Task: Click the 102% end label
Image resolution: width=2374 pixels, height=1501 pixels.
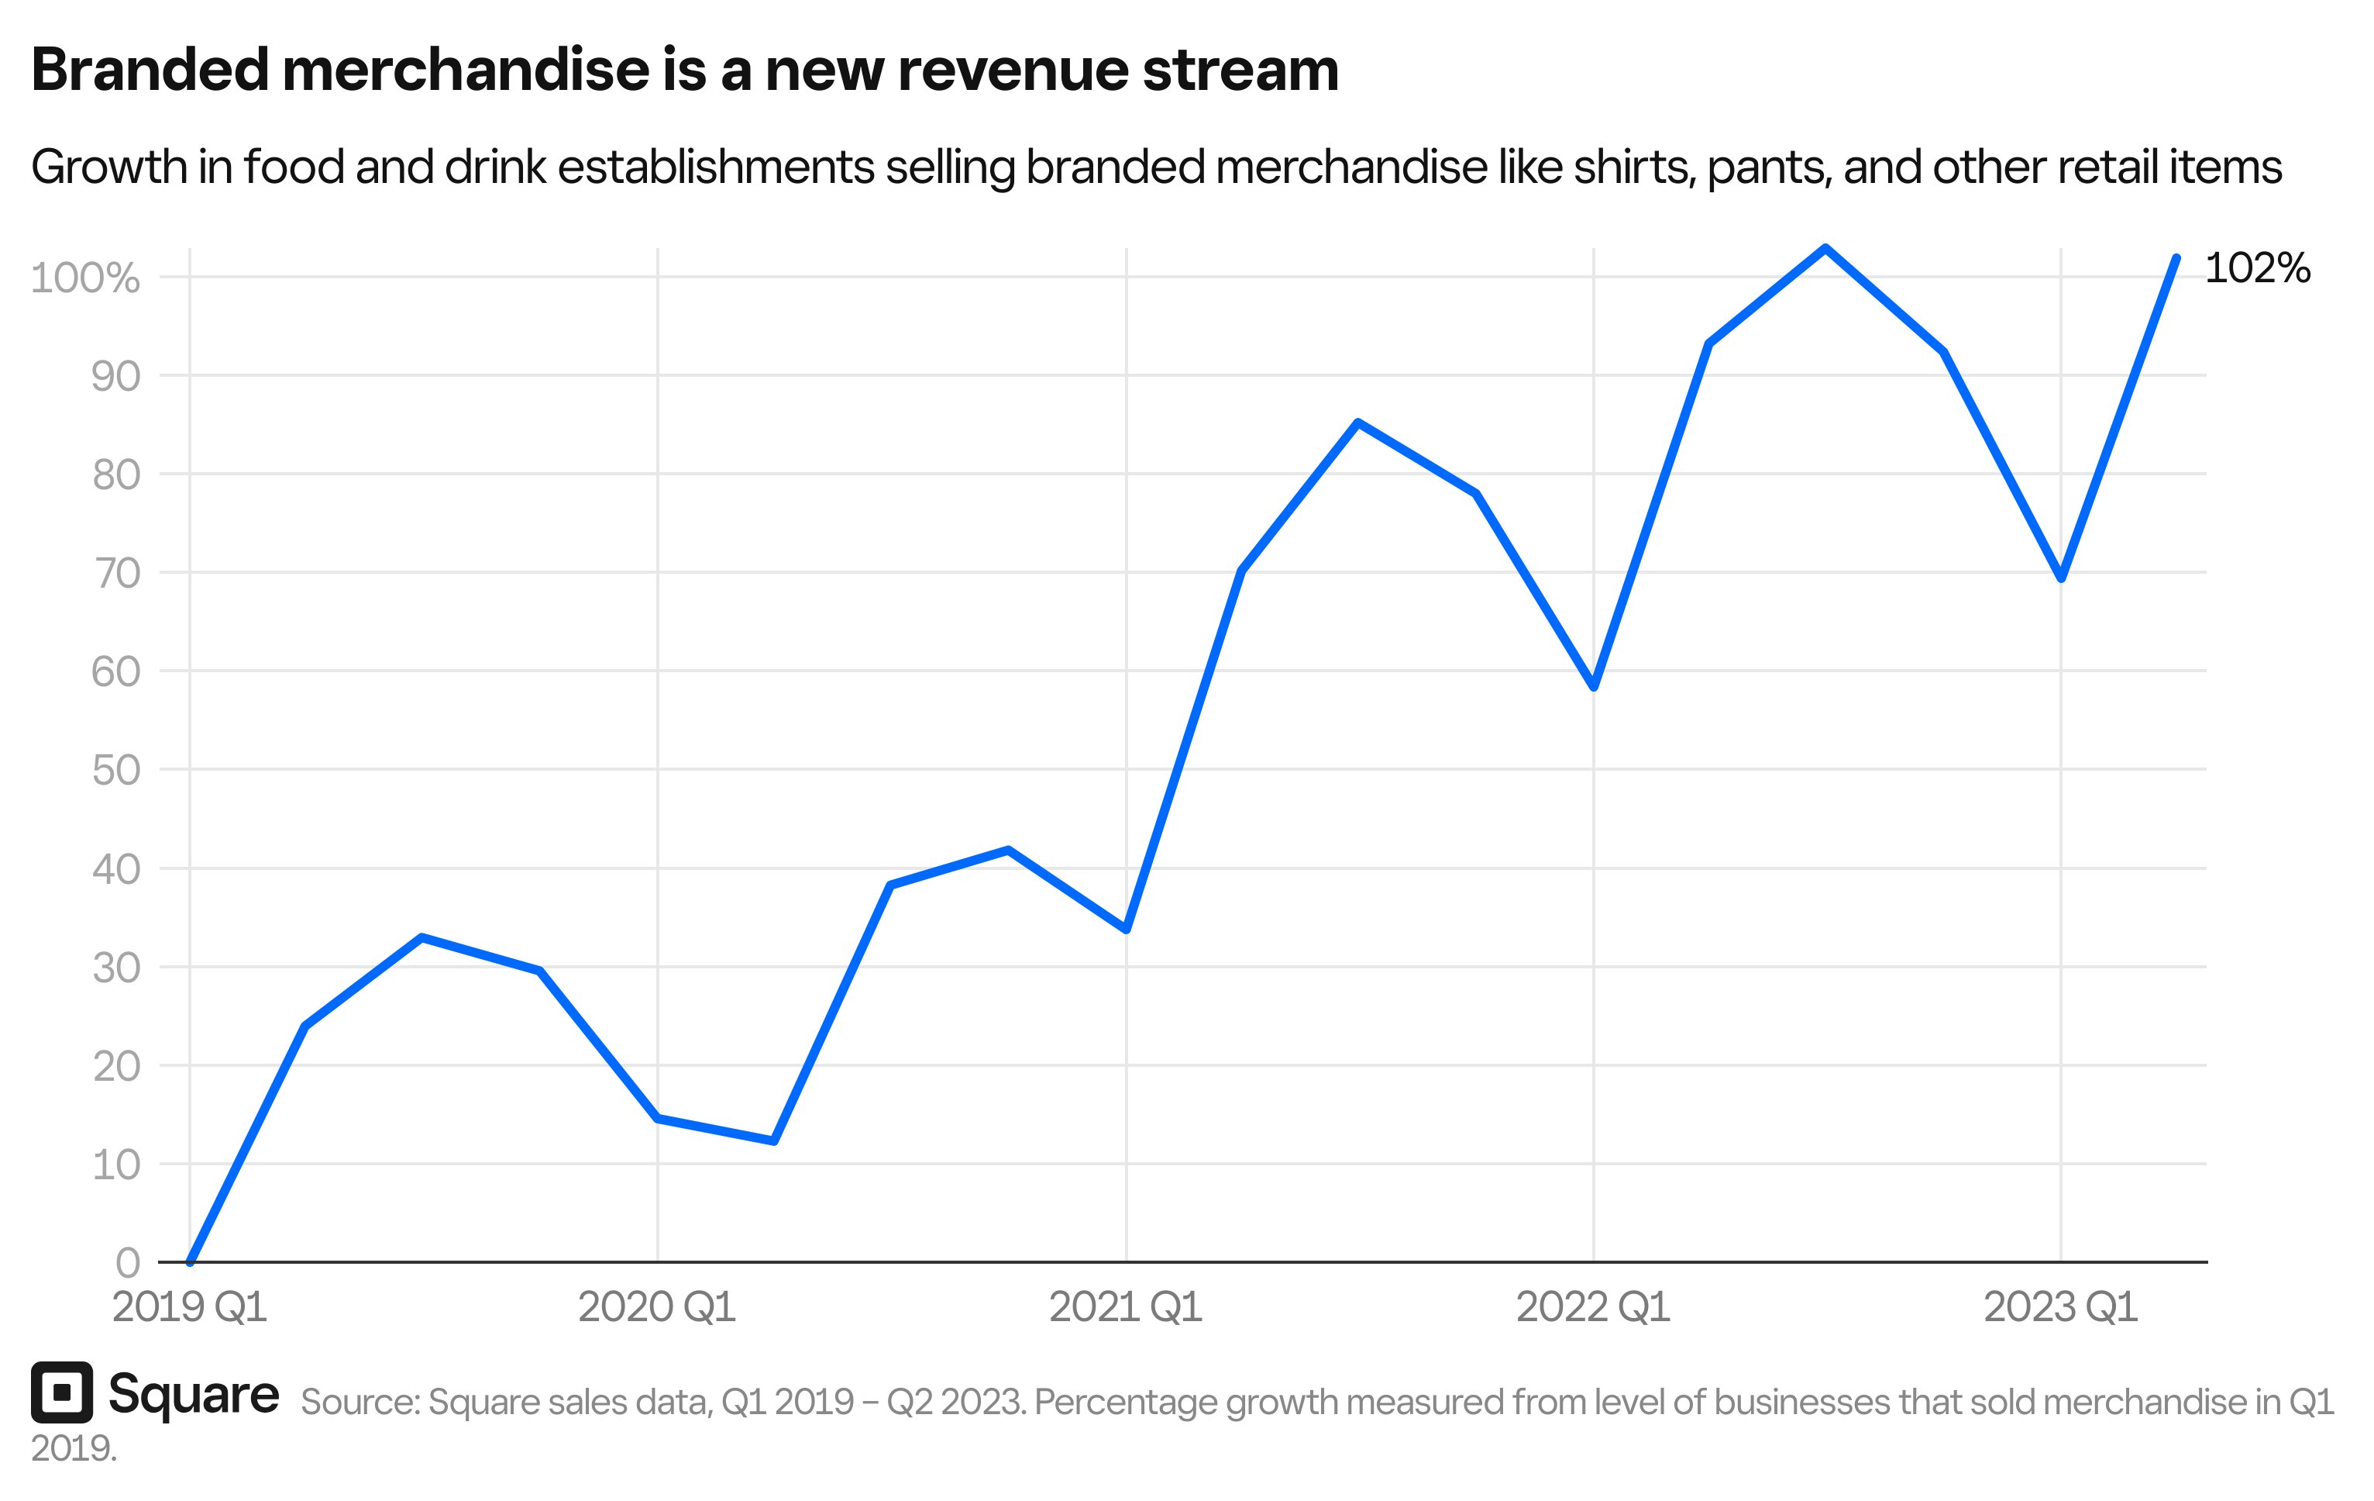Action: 2257,268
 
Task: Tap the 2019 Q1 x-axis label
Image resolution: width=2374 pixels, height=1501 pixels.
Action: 189,1308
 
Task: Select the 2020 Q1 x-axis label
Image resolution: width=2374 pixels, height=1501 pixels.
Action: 656,1308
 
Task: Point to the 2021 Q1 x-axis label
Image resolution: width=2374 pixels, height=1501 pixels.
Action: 1125,1308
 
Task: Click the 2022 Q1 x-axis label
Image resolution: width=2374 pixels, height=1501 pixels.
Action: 1592,1308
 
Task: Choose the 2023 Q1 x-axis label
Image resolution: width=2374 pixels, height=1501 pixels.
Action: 2059,1308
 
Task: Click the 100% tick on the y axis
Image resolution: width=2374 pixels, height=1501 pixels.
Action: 84,278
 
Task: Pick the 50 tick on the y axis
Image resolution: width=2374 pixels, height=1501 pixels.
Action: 116,770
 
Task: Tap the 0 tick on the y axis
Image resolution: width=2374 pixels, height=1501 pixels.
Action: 128,1262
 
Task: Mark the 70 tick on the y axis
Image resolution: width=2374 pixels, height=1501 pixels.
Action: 116,573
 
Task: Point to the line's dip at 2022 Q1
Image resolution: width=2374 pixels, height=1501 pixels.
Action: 1593,686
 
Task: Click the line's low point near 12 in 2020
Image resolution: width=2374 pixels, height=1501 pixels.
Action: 774,1141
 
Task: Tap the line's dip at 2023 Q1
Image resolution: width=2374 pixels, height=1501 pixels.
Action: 2060,578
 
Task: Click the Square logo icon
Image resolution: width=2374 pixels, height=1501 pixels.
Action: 61,1392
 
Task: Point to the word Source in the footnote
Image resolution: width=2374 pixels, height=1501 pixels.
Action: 360,1403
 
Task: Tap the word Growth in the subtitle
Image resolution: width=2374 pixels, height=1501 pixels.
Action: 108,167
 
